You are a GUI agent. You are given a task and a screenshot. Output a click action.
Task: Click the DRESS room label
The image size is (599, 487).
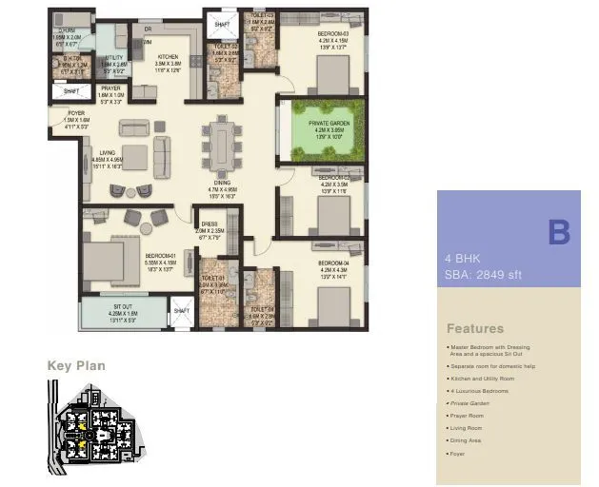coord(210,225)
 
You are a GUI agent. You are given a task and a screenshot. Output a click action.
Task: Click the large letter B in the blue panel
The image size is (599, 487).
coord(558,232)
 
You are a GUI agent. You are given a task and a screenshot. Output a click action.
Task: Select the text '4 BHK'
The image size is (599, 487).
coord(463,259)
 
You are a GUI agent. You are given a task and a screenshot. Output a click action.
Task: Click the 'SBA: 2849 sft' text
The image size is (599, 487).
coord(484,275)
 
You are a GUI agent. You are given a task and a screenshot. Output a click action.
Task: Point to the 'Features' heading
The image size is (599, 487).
coord(475,328)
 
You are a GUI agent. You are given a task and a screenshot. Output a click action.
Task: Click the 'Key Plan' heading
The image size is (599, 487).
coord(76,365)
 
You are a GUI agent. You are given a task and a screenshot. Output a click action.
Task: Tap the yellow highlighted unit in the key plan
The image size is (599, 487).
coord(84,440)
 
